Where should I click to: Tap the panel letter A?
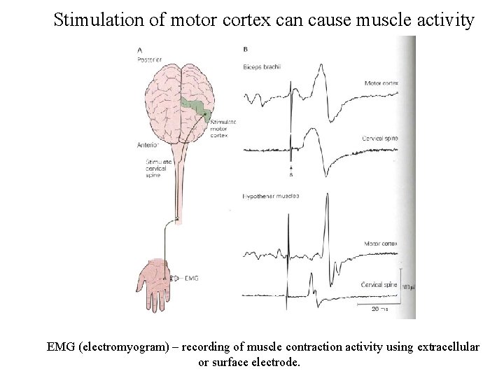[x=140, y=50]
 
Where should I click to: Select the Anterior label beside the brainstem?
[x=148, y=146]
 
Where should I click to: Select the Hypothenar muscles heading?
[x=271, y=197]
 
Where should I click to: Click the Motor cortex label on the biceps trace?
[x=381, y=83]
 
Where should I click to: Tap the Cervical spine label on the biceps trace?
[x=379, y=139]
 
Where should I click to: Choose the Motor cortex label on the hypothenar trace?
[x=380, y=244]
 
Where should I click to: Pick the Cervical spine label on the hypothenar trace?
[x=379, y=286]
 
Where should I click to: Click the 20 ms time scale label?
[x=377, y=309]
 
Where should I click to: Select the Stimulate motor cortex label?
[x=223, y=128]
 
